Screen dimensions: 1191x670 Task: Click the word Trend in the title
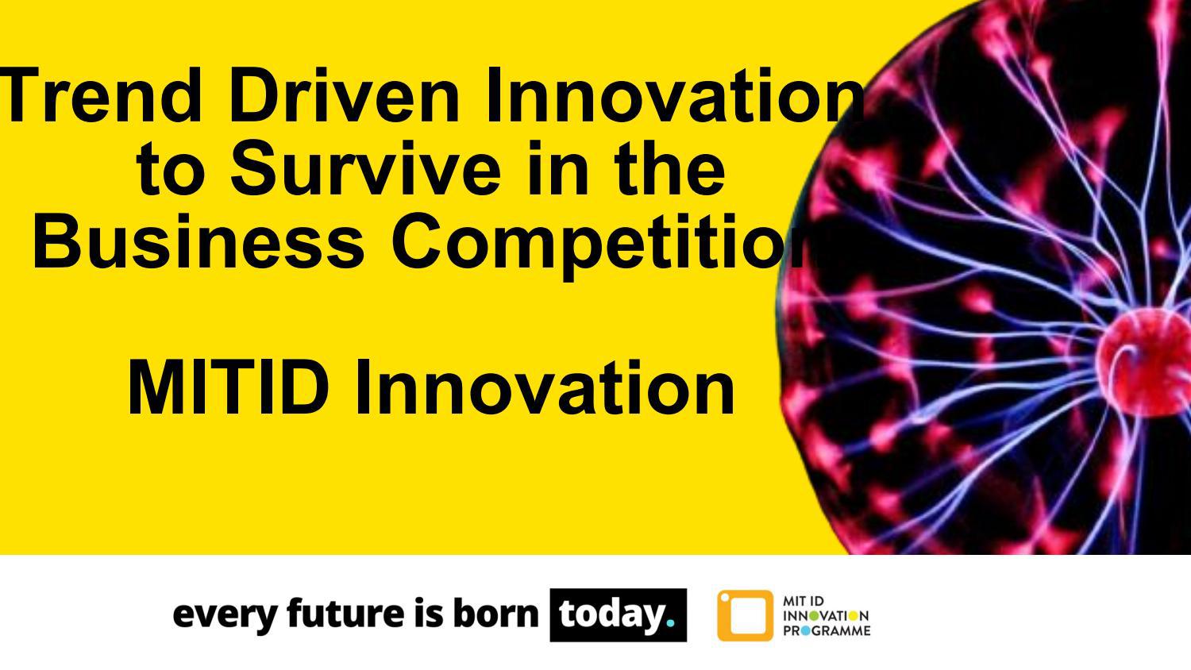click(x=101, y=96)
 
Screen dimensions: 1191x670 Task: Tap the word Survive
click(x=365, y=168)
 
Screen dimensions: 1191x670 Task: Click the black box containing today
click(x=619, y=614)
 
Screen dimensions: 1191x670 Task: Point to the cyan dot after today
click(x=670, y=624)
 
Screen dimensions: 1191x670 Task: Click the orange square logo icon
click(x=745, y=615)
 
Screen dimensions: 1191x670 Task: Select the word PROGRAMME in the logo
click(x=827, y=631)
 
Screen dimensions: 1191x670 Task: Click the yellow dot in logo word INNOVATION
click(x=854, y=616)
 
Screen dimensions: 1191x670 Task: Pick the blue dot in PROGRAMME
click(x=806, y=631)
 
